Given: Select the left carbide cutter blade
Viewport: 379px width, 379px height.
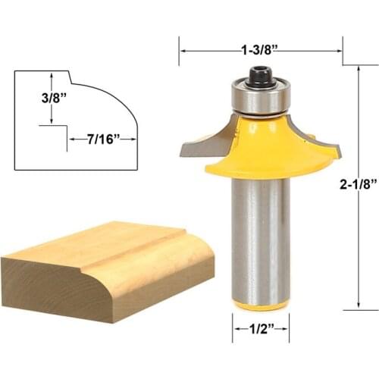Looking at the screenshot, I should [x=203, y=143].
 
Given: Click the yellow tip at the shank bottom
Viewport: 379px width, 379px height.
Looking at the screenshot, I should [x=260, y=305].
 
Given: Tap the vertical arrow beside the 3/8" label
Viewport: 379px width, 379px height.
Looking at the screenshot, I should [x=51, y=99].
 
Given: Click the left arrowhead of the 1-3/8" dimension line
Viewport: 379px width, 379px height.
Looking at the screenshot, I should [x=183, y=52].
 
